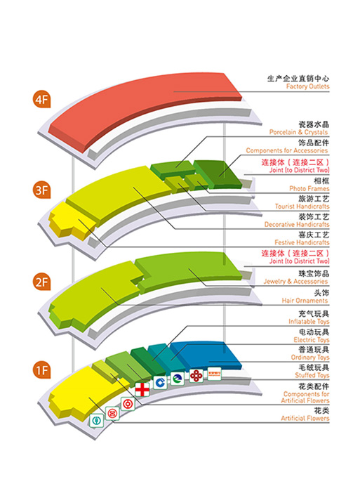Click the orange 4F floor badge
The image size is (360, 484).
click(x=41, y=99)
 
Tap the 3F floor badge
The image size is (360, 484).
click(x=41, y=190)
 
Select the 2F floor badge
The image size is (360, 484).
click(x=41, y=282)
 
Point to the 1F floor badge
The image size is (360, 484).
click(x=41, y=369)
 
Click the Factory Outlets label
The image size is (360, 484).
click(x=307, y=86)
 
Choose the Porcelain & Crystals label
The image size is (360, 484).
click(x=298, y=132)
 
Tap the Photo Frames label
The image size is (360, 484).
click(x=309, y=188)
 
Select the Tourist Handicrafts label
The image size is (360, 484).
click(x=302, y=207)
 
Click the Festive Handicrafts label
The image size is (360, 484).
click(x=302, y=242)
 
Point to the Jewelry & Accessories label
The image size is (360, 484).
click(x=295, y=281)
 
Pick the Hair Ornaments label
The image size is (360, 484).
click(x=305, y=301)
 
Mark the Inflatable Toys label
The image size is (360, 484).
click(x=309, y=321)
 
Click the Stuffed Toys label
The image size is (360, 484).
click(x=312, y=375)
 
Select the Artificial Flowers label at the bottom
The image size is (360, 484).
click(x=305, y=418)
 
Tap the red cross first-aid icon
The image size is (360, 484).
click(x=142, y=389)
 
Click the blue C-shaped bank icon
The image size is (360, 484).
click(x=160, y=383)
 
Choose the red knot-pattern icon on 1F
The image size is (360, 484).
click(x=196, y=375)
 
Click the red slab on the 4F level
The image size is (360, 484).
click(x=145, y=111)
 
